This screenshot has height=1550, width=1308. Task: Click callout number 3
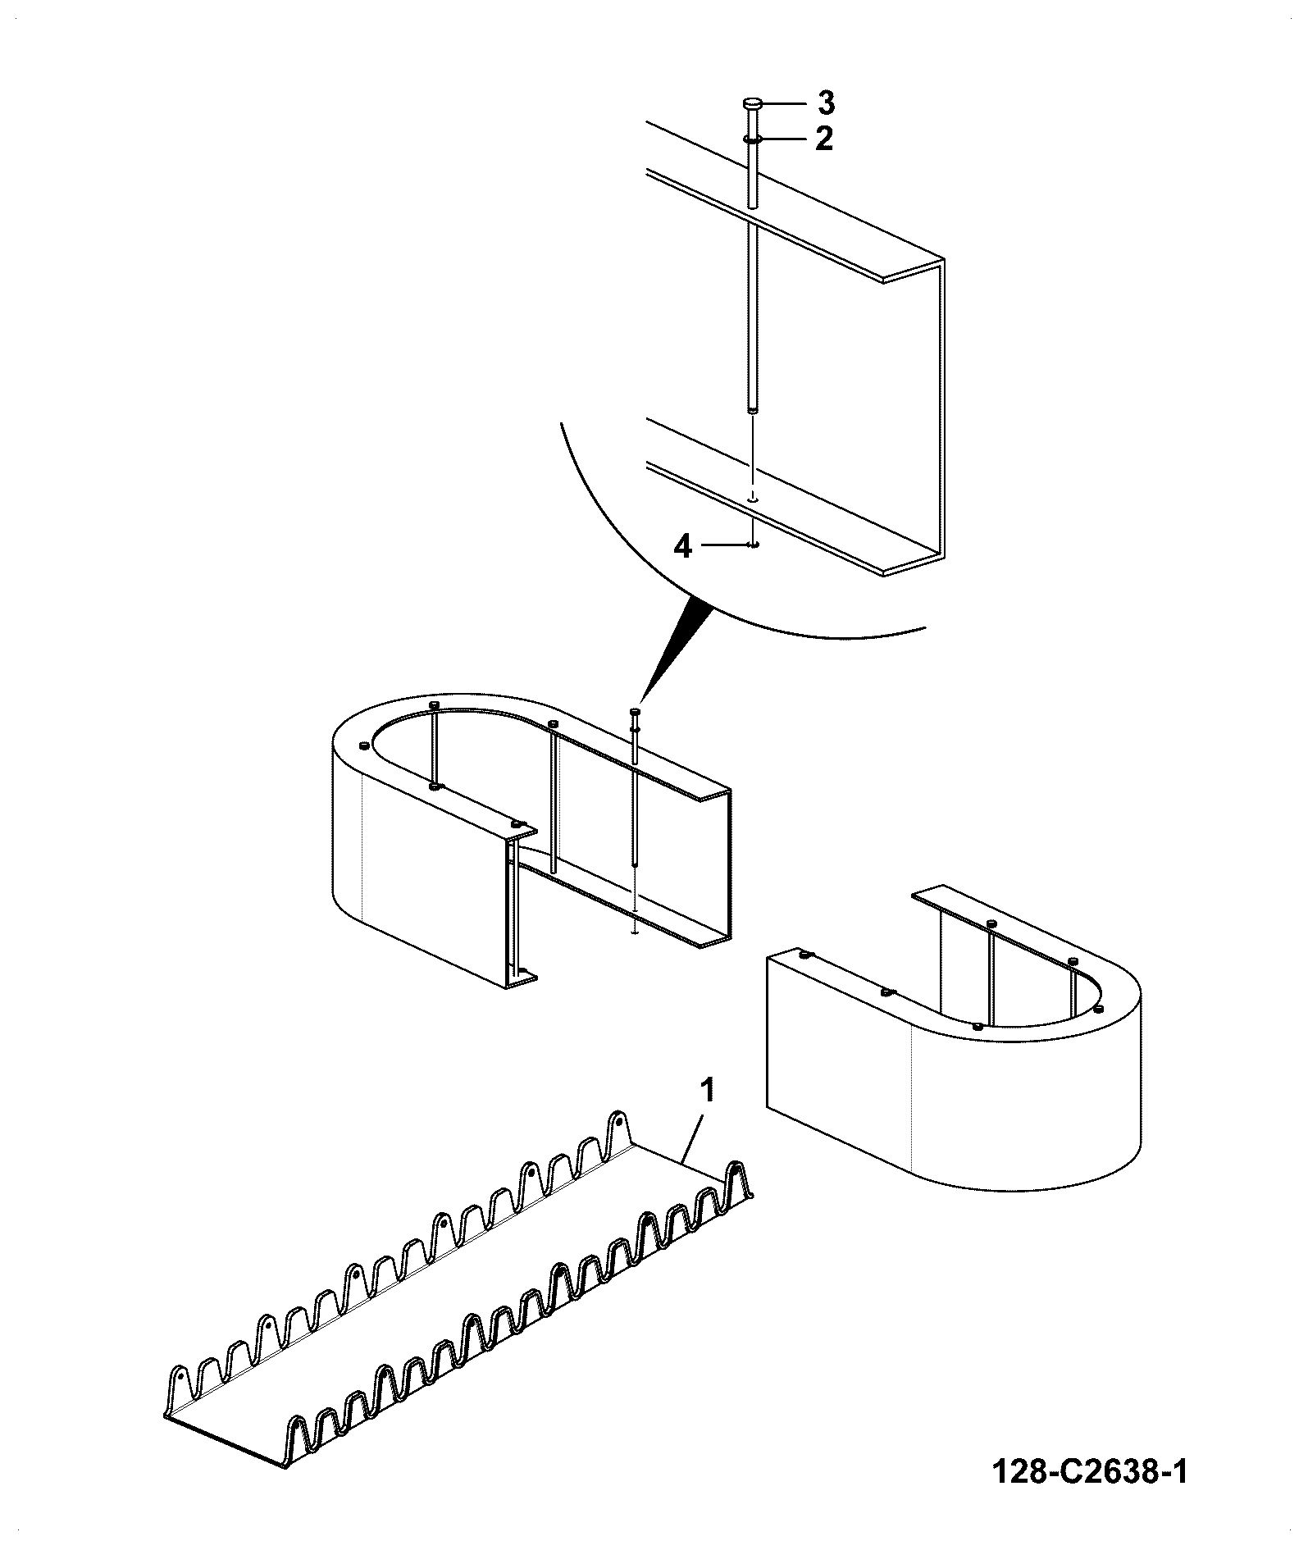825,104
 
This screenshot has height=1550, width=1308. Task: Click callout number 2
824,139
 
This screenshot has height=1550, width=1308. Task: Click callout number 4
682,545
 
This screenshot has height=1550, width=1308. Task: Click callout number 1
706,1092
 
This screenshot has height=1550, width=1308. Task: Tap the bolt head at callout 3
753,104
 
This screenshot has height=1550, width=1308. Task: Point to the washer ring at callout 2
753,139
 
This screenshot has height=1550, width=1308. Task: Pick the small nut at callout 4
754,544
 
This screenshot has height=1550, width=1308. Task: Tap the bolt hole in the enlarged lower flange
754,498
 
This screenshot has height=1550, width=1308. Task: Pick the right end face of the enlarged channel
914,418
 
